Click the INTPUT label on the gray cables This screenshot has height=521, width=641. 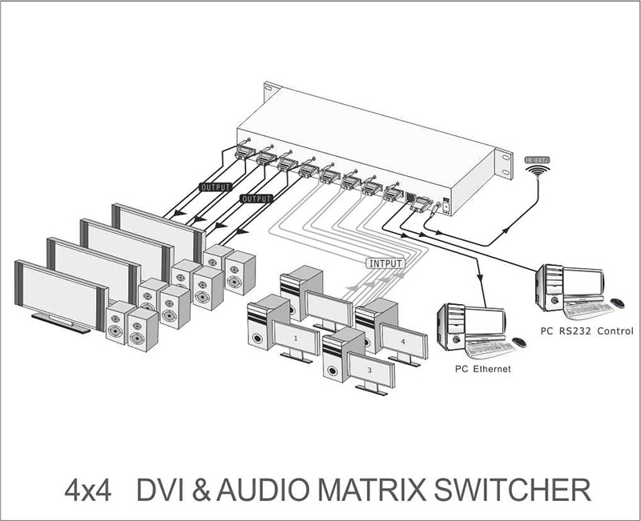click(385, 262)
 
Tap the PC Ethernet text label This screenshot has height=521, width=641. click(482, 369)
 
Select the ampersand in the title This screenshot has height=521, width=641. click(206, 490)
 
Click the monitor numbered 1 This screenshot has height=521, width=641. click(296, 339)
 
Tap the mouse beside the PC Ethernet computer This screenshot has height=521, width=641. click(520, 343)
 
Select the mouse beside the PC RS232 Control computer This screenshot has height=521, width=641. click(618, 303)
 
